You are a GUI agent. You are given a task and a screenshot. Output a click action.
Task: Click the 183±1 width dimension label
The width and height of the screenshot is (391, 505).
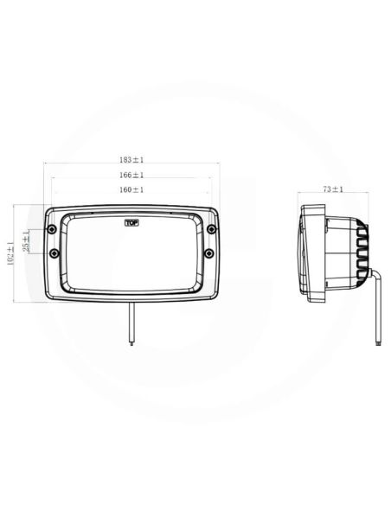click(131, 159)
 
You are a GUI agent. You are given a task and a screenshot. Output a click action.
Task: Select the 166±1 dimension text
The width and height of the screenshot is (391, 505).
click(131, 175)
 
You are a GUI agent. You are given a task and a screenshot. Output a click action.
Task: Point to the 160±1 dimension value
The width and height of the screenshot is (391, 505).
click(131, 189)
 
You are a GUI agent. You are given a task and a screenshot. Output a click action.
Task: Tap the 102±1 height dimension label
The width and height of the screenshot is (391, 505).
click(10, 253)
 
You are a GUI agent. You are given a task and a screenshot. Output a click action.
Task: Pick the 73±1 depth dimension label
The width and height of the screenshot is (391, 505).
click(333, 189)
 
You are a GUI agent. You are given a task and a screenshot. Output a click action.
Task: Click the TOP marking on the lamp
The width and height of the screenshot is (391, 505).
click(131, 223)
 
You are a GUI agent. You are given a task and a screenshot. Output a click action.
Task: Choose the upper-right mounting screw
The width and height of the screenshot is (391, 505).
click(209, 229)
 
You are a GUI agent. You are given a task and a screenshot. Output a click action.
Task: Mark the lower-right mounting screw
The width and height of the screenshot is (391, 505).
click(209, 253)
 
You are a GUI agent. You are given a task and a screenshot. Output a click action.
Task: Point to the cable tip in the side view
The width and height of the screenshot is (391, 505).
click(378, 342)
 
